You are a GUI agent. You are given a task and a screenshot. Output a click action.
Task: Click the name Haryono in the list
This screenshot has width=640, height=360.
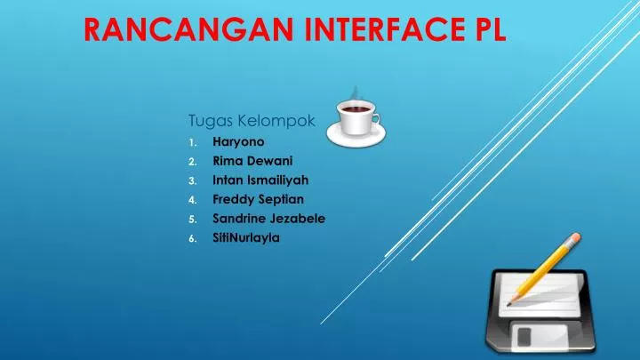point(238,140)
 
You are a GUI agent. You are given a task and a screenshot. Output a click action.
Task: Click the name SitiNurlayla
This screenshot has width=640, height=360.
point(246,237)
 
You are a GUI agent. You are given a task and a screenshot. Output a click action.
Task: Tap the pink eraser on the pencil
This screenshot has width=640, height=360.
point(576,237)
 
